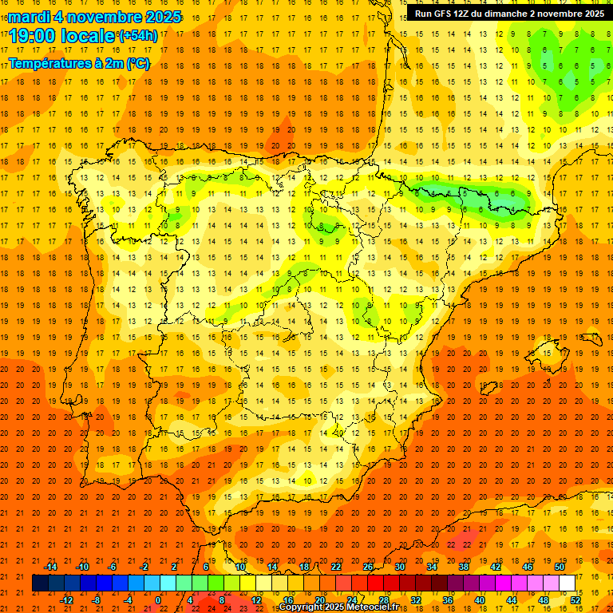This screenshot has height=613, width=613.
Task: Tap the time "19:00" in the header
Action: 33,36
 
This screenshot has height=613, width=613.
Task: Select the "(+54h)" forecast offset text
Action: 137,36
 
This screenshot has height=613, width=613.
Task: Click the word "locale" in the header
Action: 89,36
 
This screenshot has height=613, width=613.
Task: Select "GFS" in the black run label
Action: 444,14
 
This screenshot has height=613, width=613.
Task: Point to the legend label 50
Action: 560,567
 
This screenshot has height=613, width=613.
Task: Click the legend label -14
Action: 51,567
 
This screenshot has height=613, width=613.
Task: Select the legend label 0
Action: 158,599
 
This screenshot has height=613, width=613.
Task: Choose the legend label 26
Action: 368,567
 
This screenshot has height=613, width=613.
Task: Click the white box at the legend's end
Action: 568,583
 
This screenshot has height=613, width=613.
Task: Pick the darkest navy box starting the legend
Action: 40,583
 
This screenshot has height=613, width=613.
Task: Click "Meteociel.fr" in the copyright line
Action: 369,607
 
